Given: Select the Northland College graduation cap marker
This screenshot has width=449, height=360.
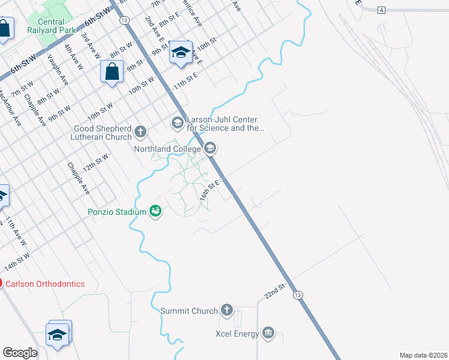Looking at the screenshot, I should point(210,148).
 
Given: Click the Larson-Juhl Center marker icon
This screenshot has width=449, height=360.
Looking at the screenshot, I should point(177,123).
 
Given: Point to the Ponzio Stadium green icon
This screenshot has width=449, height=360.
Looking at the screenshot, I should point(156,211).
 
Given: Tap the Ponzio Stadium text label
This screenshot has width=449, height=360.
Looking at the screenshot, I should point(117,212).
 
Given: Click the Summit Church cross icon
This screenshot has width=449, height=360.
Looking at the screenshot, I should point(226,310).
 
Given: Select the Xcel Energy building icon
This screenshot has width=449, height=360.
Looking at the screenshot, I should point(268,333).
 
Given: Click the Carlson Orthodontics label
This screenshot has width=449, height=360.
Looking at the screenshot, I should point(46,284).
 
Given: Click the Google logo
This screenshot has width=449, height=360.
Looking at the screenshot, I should point(20,352).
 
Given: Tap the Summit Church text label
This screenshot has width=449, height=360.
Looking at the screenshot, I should point(189,311).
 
